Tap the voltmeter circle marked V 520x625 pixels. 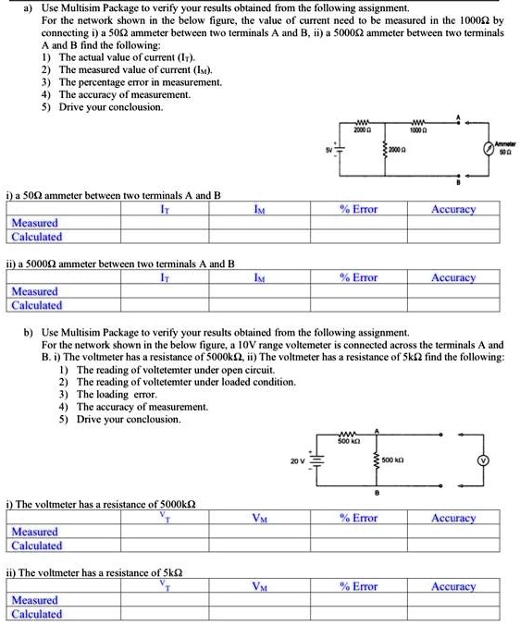pos(481,460)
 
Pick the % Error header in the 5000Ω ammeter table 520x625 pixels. pos(357,277)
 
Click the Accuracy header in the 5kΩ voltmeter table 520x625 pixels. pos(453,586)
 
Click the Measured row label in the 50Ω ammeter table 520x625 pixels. pos(34,223)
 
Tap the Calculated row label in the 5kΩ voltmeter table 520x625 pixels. pos(36,614)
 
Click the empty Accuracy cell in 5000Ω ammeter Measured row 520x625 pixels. pos(453,291)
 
